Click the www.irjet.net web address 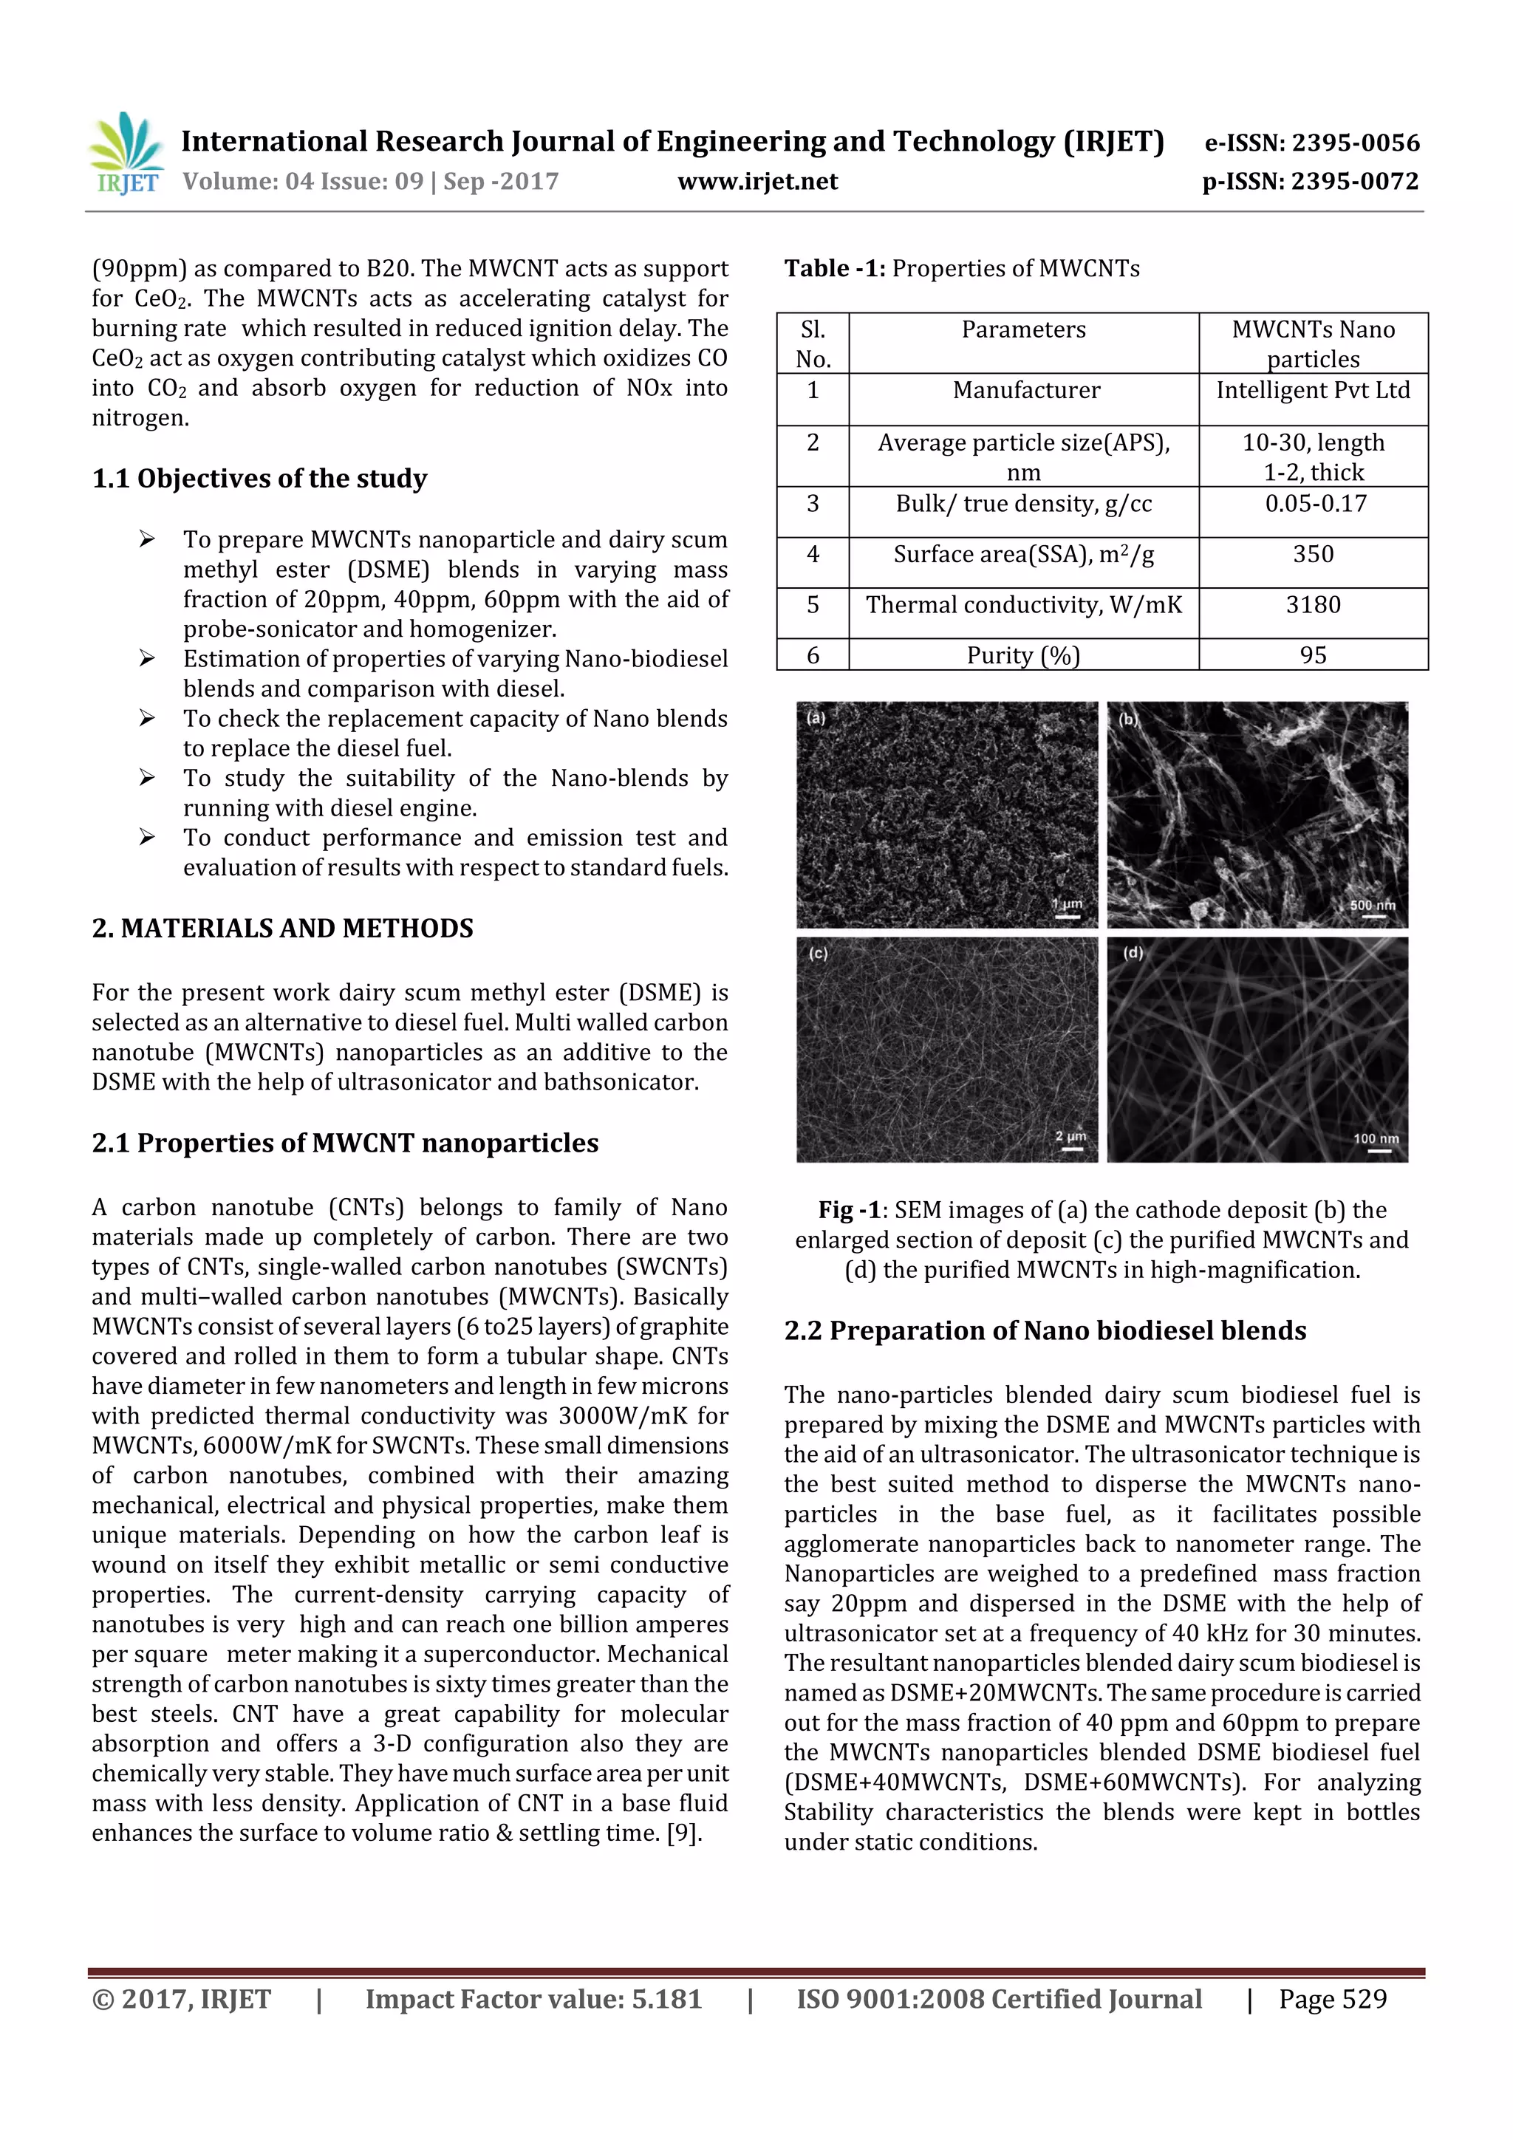coord(757,182)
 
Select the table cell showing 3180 coord(1313,606)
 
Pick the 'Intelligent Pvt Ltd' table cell coord(1313,391)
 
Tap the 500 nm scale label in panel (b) coord(1372,905)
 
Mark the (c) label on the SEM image coord(818,954)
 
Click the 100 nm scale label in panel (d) coord(1376,1138)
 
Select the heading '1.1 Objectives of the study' coord(259,479)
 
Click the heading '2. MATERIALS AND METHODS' coord(282,929)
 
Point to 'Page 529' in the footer coord(1332,1998)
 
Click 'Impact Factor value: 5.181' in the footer coord(533,1998)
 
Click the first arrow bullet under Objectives coord(146,539)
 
